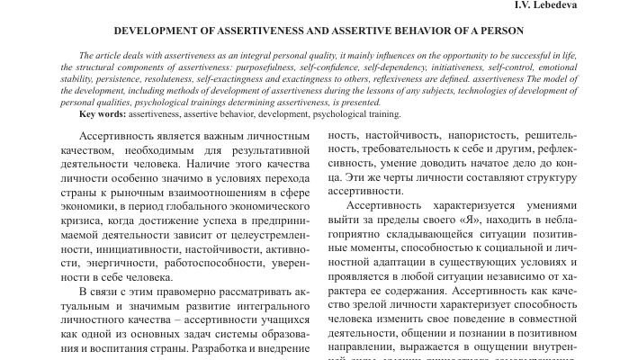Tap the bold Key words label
(102, 114)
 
